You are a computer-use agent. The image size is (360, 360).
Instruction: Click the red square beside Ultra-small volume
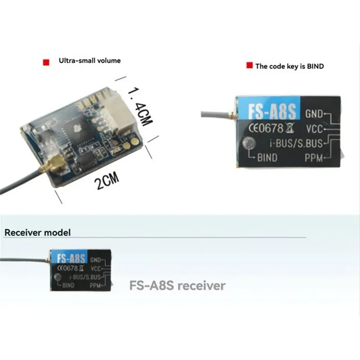pyautogui.click(x=46, y=62)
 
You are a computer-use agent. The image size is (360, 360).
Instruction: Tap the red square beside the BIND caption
pyautogui.click(x=249, y=65)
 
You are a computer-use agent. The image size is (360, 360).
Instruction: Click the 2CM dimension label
pyautogui.click(x=107, y=181)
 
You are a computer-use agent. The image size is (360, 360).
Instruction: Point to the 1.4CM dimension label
pyautogui.click(x=140, y=107)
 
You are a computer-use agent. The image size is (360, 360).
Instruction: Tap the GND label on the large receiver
pyautogui.click(x=314, y=114)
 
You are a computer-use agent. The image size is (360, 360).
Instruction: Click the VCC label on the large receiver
pyautogui.click(x=314, y=129)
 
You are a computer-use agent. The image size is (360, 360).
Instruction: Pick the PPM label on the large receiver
pyautogui.click(x=314, y=158)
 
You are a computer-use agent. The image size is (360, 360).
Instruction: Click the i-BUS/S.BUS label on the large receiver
pyautogui.click(x=296, y=143)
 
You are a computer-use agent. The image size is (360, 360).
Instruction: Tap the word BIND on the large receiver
pyautogui.click(x=267, y=158)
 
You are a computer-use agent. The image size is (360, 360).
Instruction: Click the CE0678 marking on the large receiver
pyautogui.click(x=266, y=128)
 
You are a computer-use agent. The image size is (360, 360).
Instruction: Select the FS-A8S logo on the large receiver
pyautogui.click(x=272, y=112)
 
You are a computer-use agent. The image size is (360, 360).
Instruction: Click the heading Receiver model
pyautogui.click(x=37, y=232)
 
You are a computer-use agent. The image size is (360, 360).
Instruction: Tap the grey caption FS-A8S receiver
pyautogui.click(x=177, y=285)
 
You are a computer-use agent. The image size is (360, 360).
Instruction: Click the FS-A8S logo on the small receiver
pyautogui.click(x=71, y=258)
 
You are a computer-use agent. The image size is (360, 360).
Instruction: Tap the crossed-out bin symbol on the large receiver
pyautogui.click(x=290, y=128)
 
